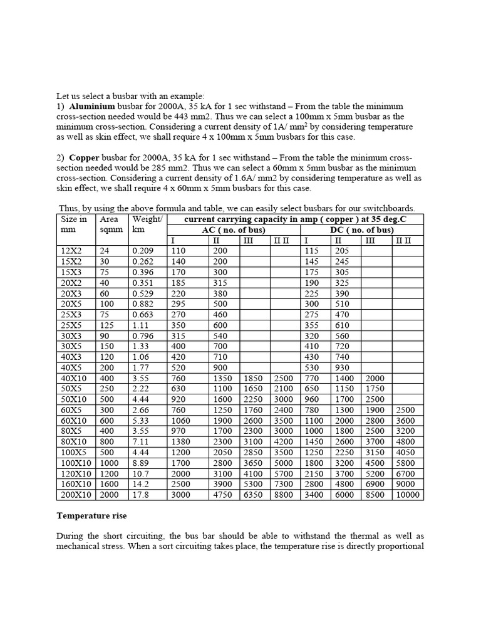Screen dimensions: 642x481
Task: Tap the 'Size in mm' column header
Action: click(x=73, y=224)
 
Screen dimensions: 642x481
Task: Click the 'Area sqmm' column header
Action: click(x=109, y=224)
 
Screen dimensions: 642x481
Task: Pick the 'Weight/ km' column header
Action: click(x=147, y=224)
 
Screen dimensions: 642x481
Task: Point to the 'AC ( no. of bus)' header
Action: click(x=234, y=229)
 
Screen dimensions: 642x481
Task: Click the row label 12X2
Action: click(x=71, y=251)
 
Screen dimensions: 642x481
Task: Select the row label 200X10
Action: click(x=74, y=495)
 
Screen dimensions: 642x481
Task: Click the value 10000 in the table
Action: click(x=408, y=495)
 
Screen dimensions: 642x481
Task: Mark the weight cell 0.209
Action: click(x=143, y=251)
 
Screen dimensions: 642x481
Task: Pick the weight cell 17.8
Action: click(x=141, y=495)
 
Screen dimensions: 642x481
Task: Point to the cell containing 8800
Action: click(x=283, y=495)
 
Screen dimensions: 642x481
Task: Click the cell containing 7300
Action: click(x=283, y=484)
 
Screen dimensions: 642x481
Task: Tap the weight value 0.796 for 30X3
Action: click(x=143, y=335)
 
